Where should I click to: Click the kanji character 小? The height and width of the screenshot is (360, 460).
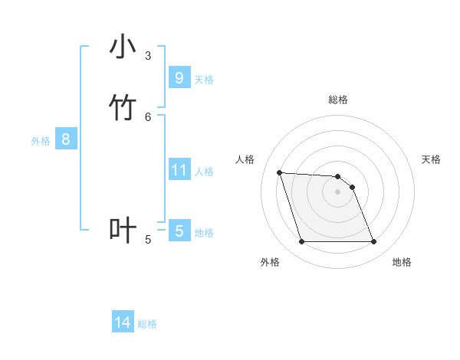[x=123, y=47]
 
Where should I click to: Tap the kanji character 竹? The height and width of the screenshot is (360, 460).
[x=123, y=108]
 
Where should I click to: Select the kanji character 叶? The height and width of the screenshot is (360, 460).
[x=123, y=231]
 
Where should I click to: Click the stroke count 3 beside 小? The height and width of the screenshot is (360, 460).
[x=148, y=55]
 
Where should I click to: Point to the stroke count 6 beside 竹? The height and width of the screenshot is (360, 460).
[x=148, y=116]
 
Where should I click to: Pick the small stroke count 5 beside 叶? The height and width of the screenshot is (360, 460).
[x=148, y=240]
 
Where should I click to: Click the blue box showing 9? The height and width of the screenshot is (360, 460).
[x=179, y=77]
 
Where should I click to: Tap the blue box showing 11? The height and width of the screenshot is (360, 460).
[x=179, y=169]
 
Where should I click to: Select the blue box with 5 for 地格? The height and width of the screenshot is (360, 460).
[x=179, y=231]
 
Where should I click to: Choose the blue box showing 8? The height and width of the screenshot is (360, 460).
[x=66, y=139]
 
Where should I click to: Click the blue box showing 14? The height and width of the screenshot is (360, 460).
[x=123, y=322]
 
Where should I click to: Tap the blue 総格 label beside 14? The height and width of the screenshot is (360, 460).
[x=147, y=324]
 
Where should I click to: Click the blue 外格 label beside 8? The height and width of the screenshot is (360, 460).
[x=41, y=141]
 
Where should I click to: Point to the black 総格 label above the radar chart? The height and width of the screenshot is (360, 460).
[x=338, y=100]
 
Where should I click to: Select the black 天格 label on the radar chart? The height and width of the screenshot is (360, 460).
[x=431, y=159]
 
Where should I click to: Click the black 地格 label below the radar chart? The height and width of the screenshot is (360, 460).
[x=402, y=262]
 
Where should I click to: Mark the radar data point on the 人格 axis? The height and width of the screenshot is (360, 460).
[x=279, y=172]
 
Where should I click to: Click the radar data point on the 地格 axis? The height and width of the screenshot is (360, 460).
[x=373, y=242]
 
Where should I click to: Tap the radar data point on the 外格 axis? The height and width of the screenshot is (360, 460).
[x=301, y=242]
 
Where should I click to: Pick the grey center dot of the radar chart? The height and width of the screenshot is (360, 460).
[x=337, y=191]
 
